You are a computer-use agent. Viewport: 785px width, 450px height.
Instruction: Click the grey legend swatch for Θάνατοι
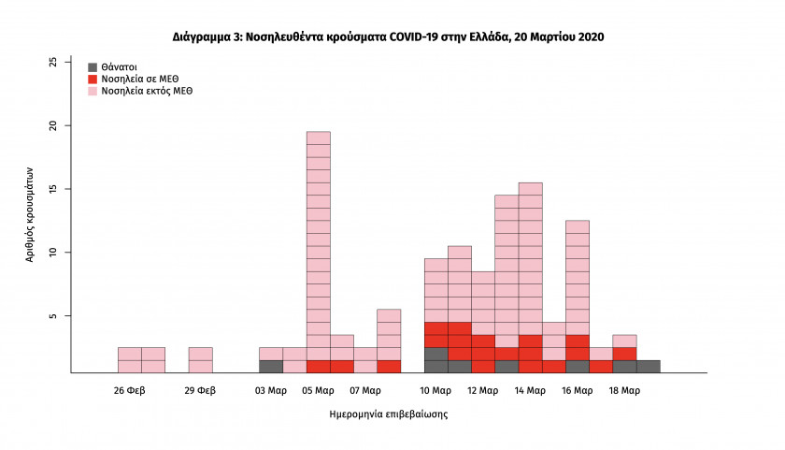[93, 67]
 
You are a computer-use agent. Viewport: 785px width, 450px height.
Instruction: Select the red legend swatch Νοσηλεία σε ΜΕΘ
[93, 80]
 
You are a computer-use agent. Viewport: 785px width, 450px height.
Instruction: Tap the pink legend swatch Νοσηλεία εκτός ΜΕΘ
[93, 92]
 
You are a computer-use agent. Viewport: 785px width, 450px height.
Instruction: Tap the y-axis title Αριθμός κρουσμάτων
[30, 214]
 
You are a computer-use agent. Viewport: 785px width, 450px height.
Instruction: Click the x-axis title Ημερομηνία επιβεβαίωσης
[389, 413]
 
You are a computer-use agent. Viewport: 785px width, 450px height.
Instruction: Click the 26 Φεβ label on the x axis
[130, 390]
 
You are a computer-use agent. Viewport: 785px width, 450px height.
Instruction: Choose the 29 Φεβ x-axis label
[200, 390]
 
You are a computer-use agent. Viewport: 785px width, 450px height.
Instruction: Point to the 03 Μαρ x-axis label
[271, 390]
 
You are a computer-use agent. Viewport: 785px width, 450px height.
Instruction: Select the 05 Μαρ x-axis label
[319, 390]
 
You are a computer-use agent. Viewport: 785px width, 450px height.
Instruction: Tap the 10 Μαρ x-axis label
[436, 390]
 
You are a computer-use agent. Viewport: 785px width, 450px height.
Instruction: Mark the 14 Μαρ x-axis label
[530, 390]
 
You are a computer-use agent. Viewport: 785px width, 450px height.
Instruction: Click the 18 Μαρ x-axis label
[624, 390]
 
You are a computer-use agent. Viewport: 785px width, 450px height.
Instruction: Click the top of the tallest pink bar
[319, 133]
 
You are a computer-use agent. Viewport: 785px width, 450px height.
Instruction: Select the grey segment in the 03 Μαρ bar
[271, 367]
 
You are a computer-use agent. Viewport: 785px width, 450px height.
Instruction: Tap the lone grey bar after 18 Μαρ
[649, 367]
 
